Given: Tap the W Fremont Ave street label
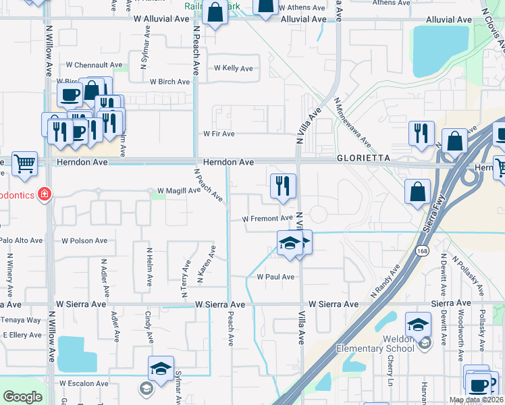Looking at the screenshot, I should [267, 219].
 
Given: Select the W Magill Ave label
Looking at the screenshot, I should [178, 190].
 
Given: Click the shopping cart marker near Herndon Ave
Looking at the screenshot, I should [24, 163].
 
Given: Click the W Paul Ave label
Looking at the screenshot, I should [275, 277].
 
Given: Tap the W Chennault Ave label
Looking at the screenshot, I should [94, 65].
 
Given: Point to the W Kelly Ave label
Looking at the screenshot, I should [233, 68].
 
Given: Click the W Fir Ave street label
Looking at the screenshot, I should [219, 134].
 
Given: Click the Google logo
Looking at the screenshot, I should [22, 396].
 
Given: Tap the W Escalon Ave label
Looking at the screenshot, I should [84, 383].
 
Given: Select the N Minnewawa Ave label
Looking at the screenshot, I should [352, 124].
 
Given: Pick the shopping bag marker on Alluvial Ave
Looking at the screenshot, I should [215, 13].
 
